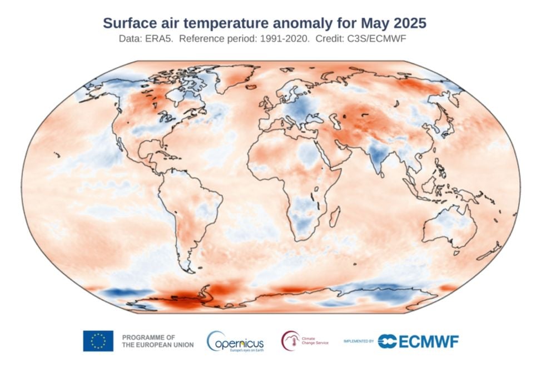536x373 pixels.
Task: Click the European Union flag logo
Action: (x=98, y=341)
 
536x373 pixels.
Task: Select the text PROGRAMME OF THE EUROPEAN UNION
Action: (x=157, y=341)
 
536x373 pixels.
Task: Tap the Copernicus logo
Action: (x=235, y=341)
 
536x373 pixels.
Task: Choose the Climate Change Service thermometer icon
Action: (x=290, y=340)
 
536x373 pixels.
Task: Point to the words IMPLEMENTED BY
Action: (x=358, y=341)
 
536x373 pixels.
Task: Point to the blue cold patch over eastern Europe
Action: (x=301, y=110)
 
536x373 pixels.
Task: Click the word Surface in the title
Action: (x=129, y=23)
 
